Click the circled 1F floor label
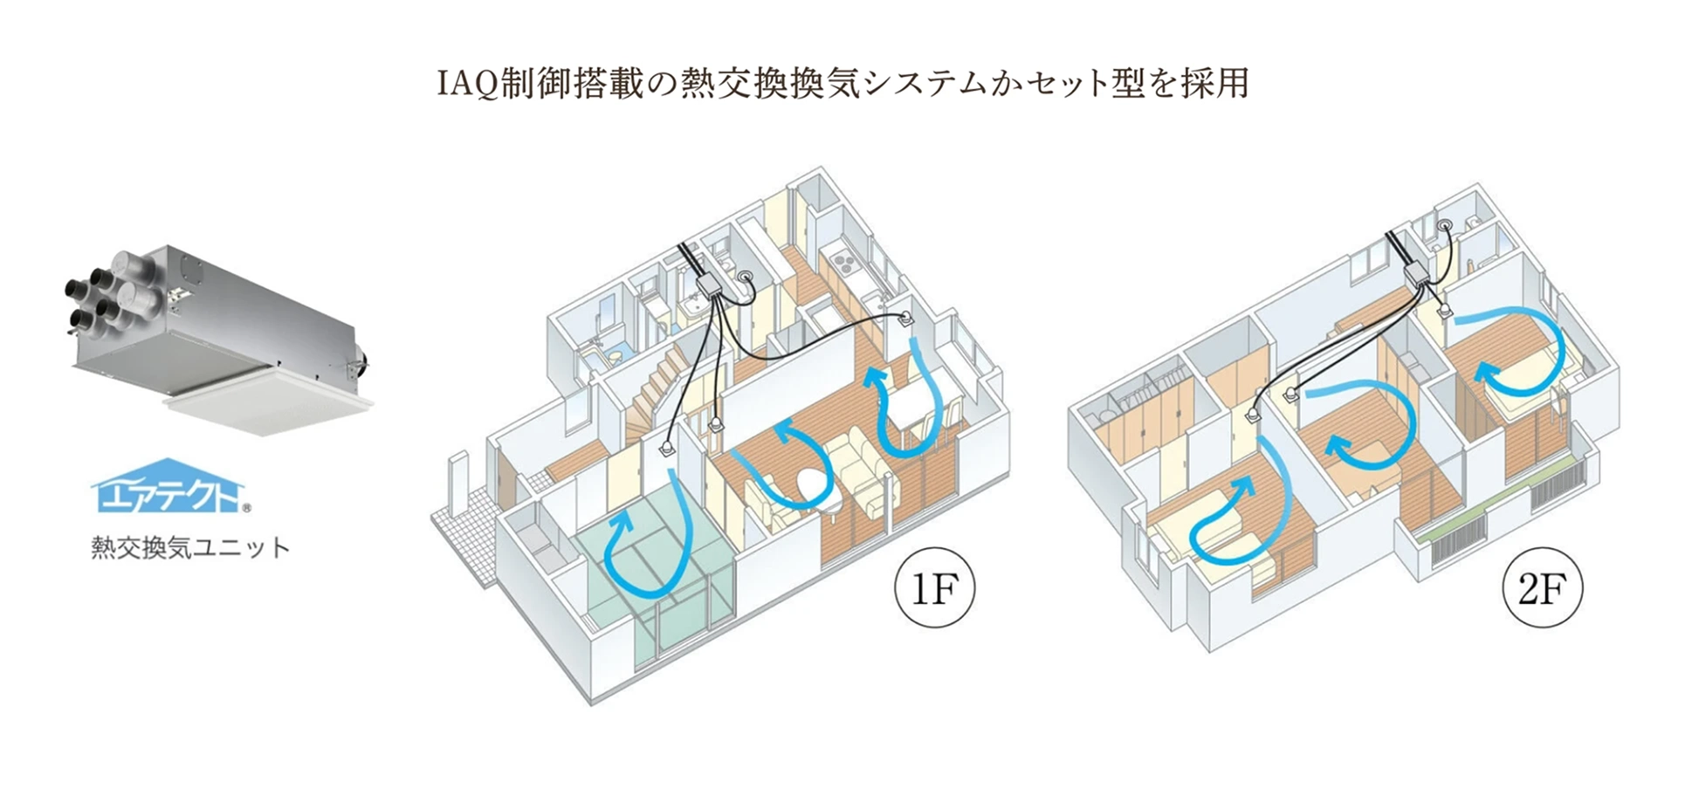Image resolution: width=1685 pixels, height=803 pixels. pyautogui.click(x=934, y=589)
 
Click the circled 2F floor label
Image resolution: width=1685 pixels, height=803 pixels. pyautogui.click(x=1542, y=589)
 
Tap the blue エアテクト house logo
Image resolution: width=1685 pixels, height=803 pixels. pyautogui.click(x=168, y=488)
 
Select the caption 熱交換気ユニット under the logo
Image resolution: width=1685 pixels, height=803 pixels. pyautogui.click(x=189, y=548)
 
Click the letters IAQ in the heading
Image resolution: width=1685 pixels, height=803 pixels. pyautogui.click(x=466, y=84)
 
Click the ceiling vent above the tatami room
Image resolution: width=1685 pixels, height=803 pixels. pyautogui.click(x=665, y=449)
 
